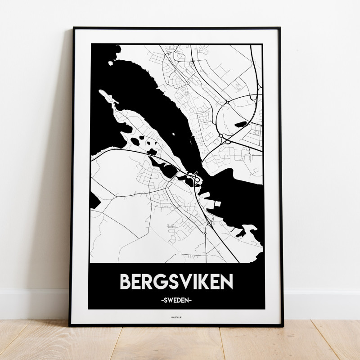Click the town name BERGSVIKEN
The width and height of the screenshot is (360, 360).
176,281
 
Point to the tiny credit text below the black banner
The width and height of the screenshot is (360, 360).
176,319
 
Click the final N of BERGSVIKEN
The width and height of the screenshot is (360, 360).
226,281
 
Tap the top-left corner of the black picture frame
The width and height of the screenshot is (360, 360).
72,28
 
